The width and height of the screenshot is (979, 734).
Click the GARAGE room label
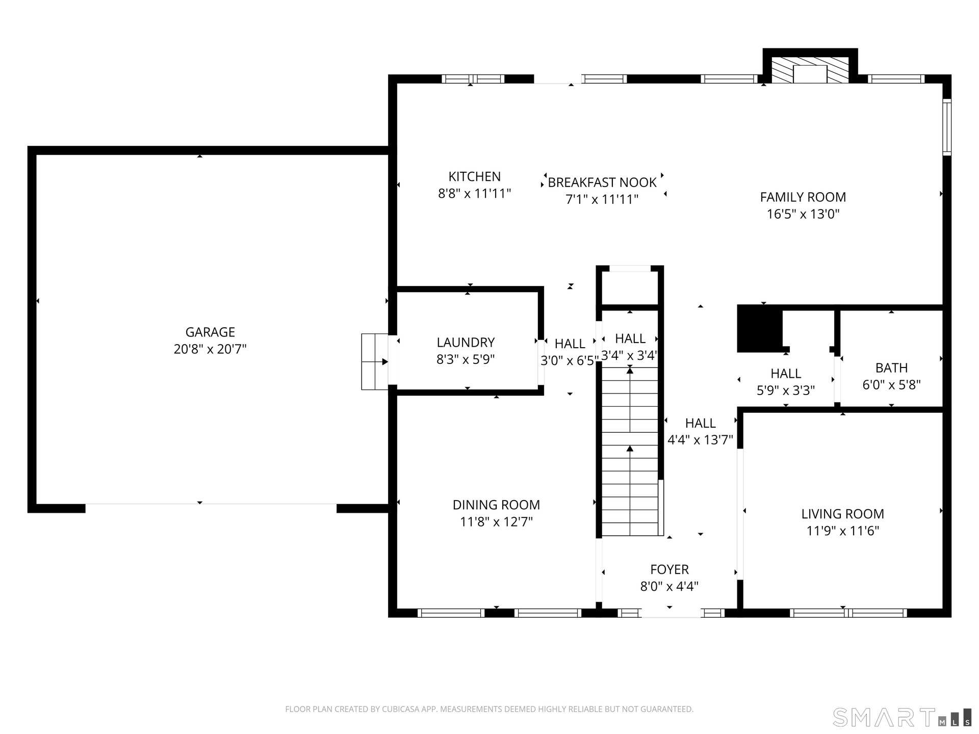point(210,332)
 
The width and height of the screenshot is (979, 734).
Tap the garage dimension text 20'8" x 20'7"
point(210,349)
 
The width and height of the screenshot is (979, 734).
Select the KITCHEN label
point(474,176)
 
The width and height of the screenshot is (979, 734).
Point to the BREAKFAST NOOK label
point(602,182)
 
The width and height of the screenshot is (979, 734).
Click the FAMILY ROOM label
point(803,197)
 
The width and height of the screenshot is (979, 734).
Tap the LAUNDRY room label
point(466,343)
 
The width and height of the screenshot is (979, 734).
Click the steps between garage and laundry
point(375,362)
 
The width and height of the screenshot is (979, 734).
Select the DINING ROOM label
point(496,505)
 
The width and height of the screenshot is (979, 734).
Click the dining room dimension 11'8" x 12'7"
point(496,522)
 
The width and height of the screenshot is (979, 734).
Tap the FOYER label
point(669,569)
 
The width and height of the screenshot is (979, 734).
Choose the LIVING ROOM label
point(842,514)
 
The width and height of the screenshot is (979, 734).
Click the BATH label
point(891,368)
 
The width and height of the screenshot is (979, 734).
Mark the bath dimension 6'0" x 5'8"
point(891,385)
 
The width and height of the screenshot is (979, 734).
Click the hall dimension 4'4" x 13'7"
point(700,440)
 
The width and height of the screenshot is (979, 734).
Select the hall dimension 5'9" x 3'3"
point(786,390)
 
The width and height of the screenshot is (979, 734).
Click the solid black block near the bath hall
point(760,329)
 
